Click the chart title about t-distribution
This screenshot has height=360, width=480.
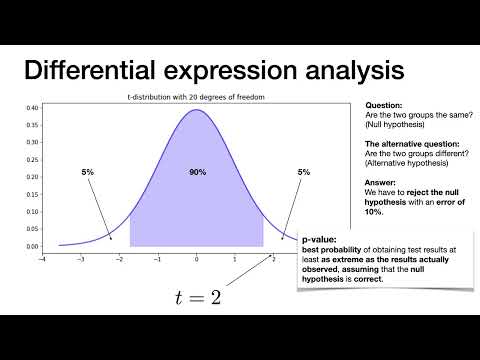[x=196, y=97]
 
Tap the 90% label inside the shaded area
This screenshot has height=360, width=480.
[x=197, y=173]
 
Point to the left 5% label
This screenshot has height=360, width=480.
[x=88, y=173]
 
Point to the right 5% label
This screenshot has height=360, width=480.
[x=304, y=173]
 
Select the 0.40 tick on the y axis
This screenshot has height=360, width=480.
[x=32, y=107]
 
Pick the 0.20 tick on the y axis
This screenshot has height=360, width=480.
[x=32, y=177]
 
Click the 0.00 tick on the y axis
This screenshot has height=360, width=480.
[x=32, y=246]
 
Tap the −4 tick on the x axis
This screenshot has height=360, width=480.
[x=41, y=258]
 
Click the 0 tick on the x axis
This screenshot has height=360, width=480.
[x=197, y=258]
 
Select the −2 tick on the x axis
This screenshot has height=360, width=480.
[x=119, y=258]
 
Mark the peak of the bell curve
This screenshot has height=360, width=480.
[x=197, y=109]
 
